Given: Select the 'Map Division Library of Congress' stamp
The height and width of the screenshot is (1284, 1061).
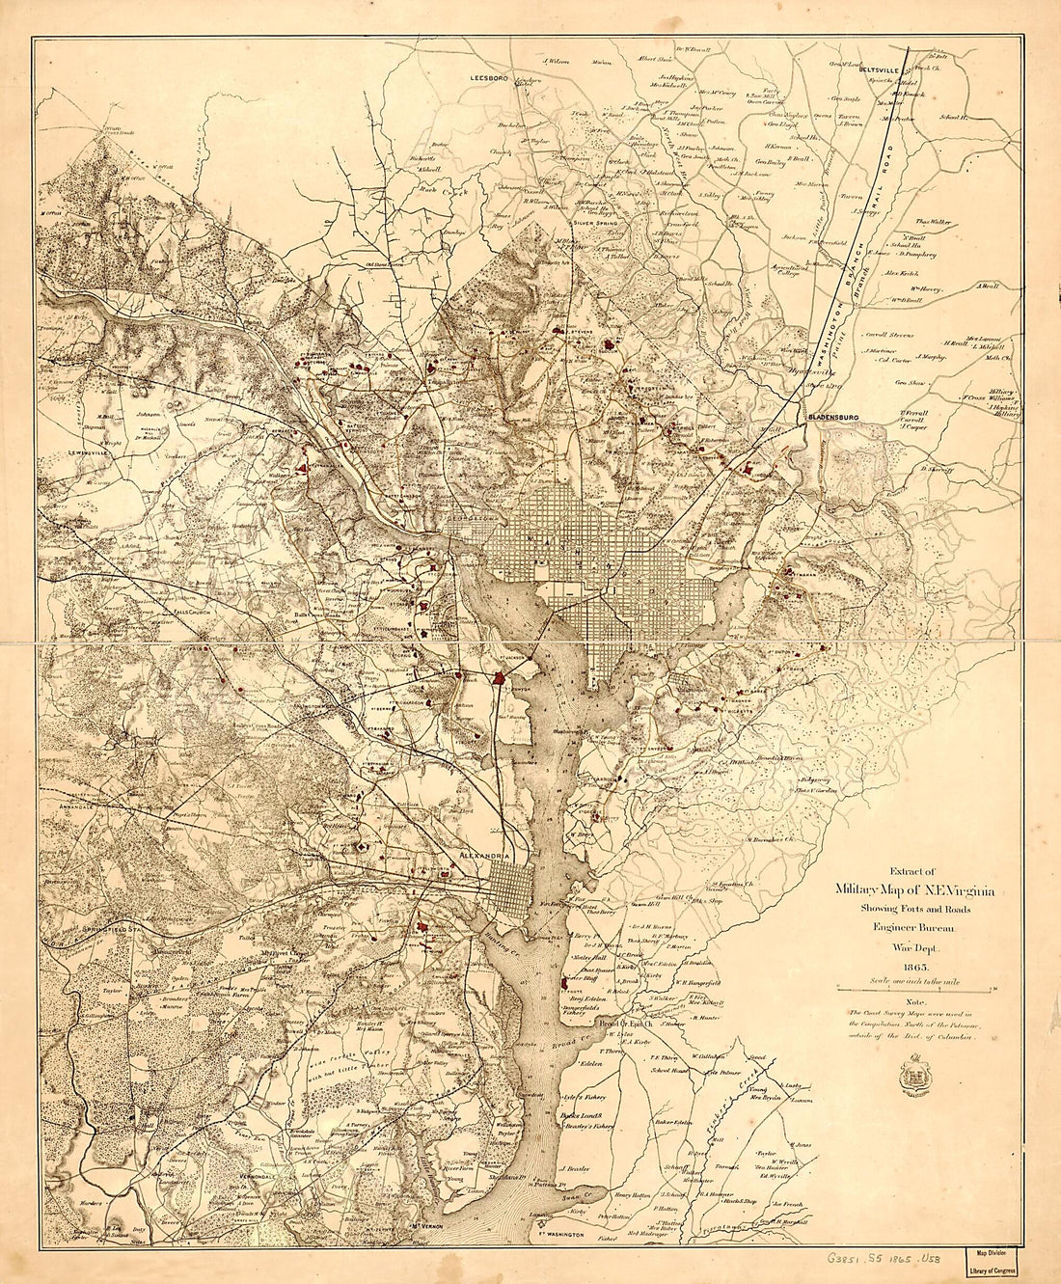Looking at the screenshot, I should coord(998,1264).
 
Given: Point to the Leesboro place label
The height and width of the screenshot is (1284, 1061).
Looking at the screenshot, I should coord(489,75).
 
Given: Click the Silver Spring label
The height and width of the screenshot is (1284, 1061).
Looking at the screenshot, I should coord(596,221).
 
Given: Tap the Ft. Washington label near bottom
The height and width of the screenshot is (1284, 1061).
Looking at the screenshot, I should coord(557,1234).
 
